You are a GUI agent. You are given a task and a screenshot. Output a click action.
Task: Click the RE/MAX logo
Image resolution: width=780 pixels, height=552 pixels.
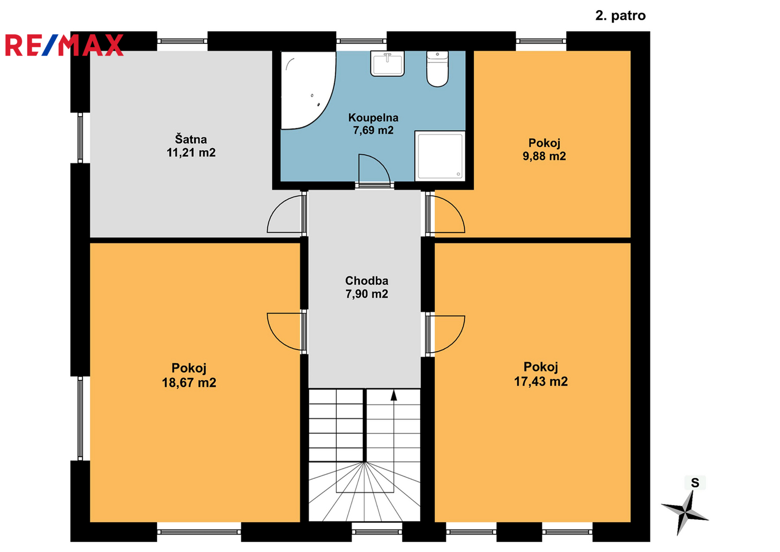[64, 45]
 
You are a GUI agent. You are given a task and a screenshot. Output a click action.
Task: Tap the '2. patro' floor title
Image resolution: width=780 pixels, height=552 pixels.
[620, 16]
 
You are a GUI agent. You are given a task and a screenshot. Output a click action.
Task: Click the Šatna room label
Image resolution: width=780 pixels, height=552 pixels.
[191, 140]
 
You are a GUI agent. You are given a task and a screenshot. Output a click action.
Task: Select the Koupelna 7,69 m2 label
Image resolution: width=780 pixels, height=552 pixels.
[373, 124]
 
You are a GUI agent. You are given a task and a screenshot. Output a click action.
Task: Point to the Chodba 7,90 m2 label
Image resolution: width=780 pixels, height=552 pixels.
[366, 287]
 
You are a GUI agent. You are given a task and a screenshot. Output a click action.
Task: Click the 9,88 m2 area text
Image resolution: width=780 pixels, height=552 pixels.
[544, 156]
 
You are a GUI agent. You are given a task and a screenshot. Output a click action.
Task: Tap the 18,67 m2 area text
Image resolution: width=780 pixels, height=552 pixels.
[189, 383]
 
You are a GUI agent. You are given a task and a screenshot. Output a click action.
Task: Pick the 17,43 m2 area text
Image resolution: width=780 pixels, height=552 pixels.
[541, 381]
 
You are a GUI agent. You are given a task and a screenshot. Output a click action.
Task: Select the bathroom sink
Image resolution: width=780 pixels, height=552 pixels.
[387, 63]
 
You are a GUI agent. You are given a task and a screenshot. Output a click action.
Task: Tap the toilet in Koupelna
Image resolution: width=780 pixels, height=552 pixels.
[438, 68]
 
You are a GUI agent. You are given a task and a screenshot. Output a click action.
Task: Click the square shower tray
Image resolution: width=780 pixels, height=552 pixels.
[440, 156]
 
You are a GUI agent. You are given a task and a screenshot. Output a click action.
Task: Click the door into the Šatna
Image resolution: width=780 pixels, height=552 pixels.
[285, 214]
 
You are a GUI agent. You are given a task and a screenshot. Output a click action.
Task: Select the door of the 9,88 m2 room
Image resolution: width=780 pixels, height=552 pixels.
[446, 214]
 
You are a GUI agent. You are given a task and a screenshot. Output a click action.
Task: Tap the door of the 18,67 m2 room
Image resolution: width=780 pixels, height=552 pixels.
[285, 332]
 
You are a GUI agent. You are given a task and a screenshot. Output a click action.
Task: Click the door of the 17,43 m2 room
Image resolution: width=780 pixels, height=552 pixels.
[446, 334]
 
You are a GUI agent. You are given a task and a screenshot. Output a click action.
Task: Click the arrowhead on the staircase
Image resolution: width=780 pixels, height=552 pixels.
[394, 395]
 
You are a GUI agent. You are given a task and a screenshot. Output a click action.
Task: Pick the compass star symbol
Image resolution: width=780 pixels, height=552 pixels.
[685, 513]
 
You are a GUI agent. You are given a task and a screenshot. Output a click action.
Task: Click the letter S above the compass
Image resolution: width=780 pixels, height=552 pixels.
[695, 483]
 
